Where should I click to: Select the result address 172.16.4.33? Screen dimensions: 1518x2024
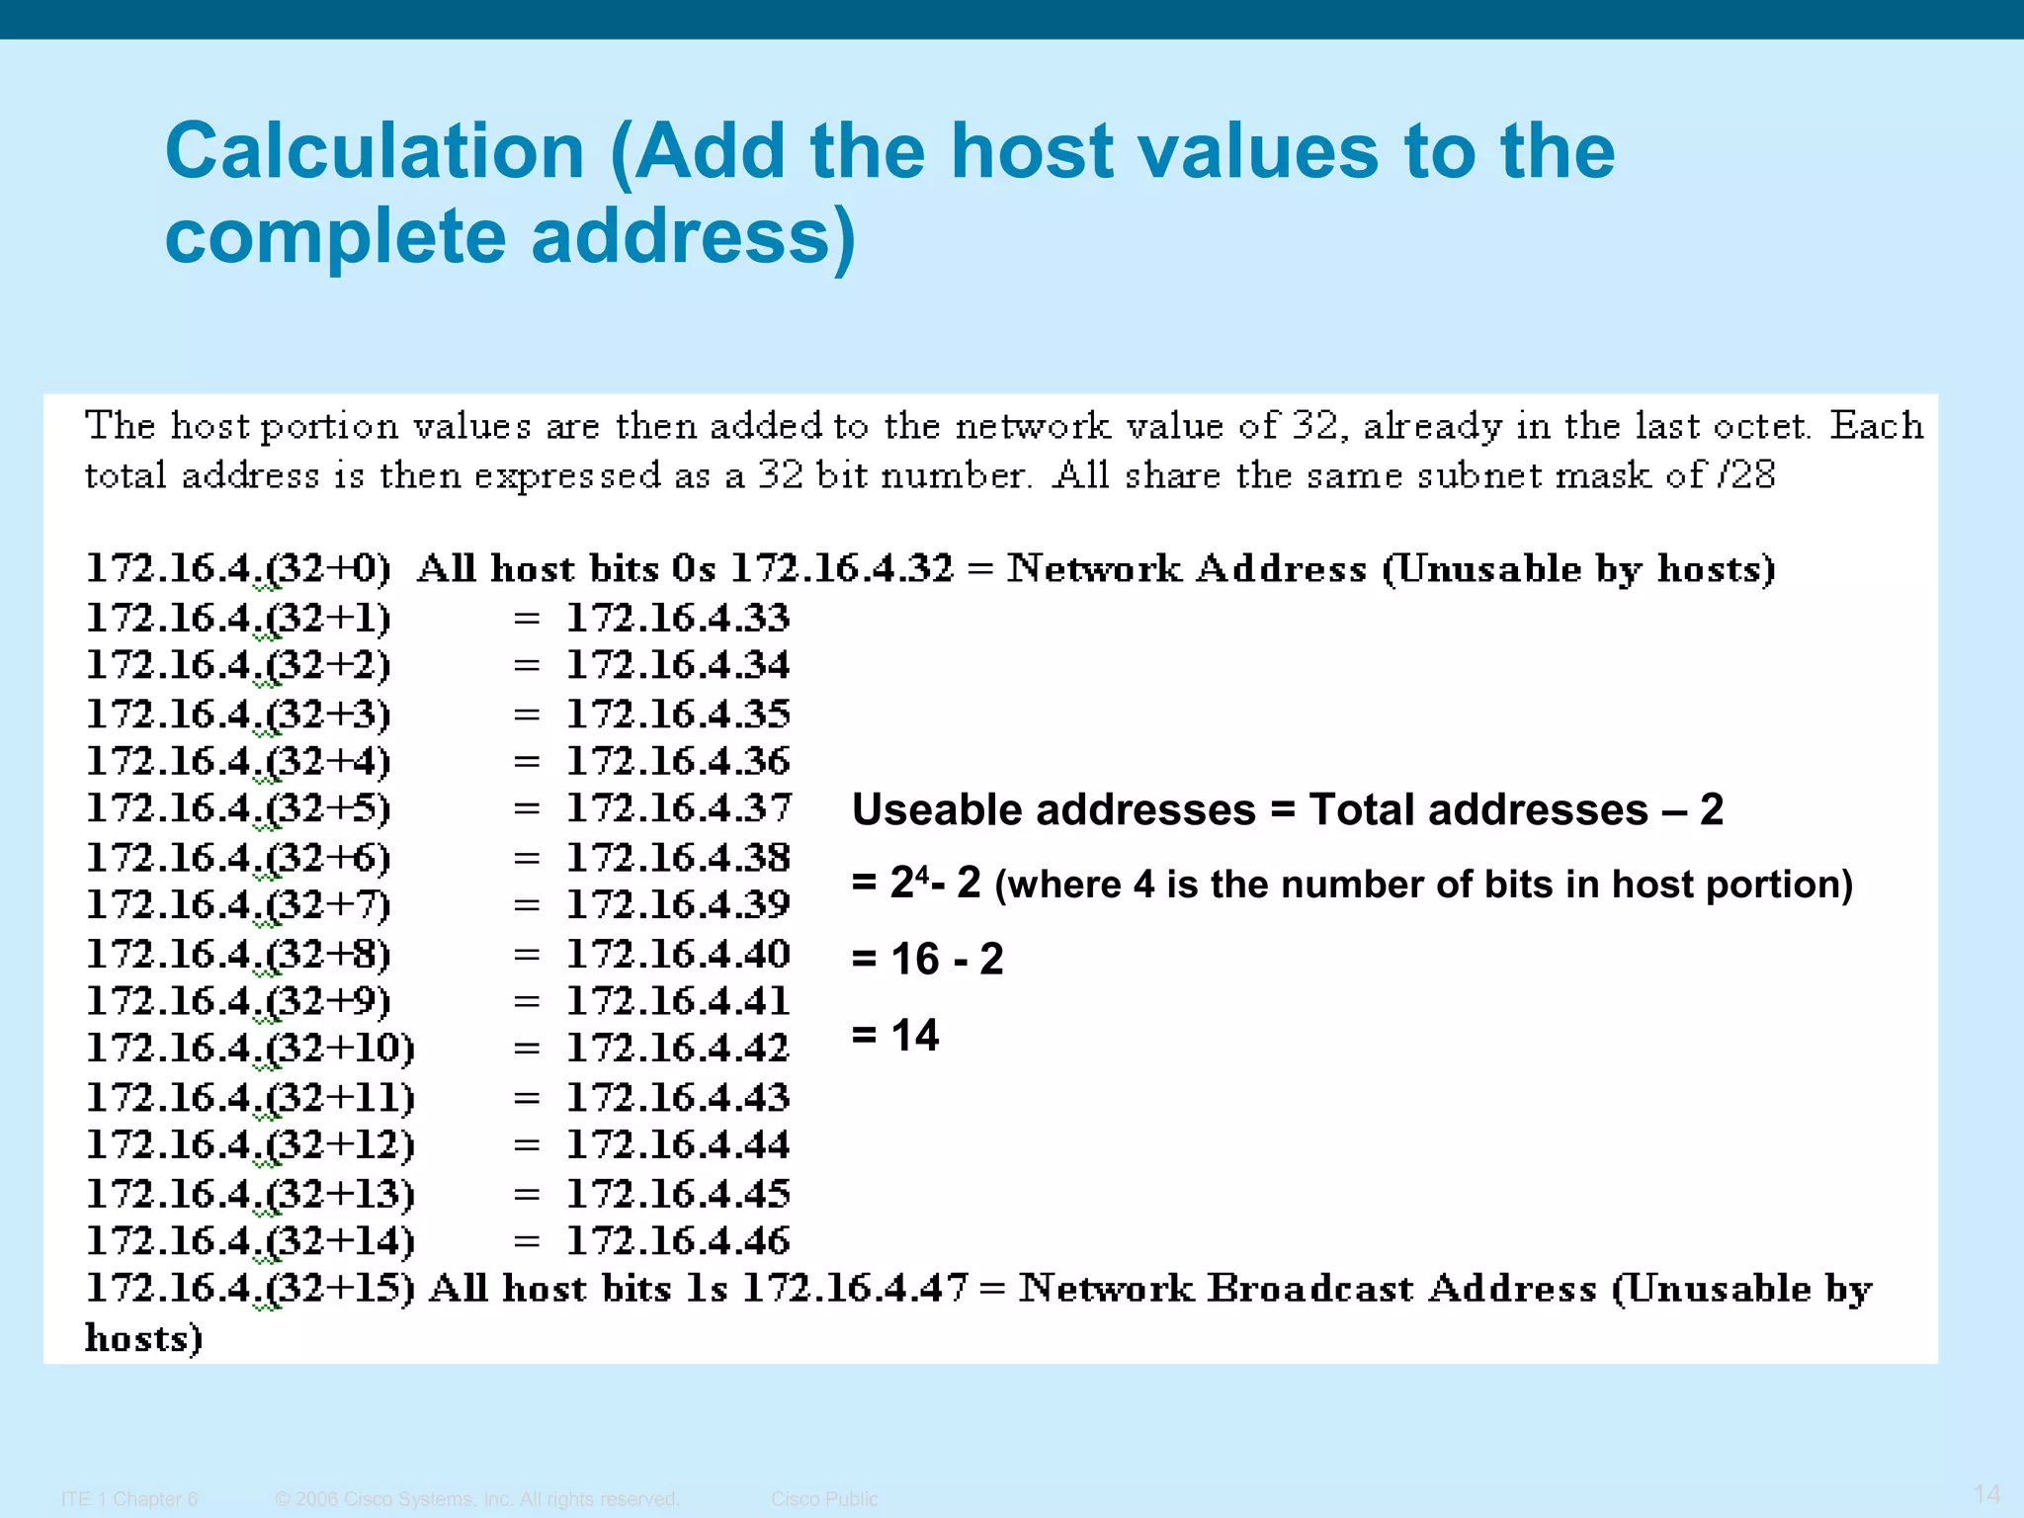point(678,618)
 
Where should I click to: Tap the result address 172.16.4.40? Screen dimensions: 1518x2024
point(678,954)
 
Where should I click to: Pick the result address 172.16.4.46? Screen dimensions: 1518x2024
point(678,1240)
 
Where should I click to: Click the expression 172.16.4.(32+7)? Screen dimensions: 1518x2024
point(239,904)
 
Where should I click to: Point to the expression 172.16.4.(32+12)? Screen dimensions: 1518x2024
point(251,1144)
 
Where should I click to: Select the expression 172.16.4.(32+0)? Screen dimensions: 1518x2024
point(239,568)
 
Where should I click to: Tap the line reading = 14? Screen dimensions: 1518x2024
point(895,1035)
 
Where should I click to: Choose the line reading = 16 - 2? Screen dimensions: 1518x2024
point(927,959)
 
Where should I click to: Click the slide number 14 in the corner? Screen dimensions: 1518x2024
point(1986,1493)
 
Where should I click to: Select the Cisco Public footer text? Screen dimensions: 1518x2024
point(824,1499)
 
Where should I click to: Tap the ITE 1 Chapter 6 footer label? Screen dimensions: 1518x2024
point(129,1499)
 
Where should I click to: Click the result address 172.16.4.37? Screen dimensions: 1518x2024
point(678,808)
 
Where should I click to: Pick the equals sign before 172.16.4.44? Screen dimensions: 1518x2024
point(527,1145)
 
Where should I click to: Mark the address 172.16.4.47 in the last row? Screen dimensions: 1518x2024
point(854,1288)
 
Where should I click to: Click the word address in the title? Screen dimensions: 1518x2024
point(693,237)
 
